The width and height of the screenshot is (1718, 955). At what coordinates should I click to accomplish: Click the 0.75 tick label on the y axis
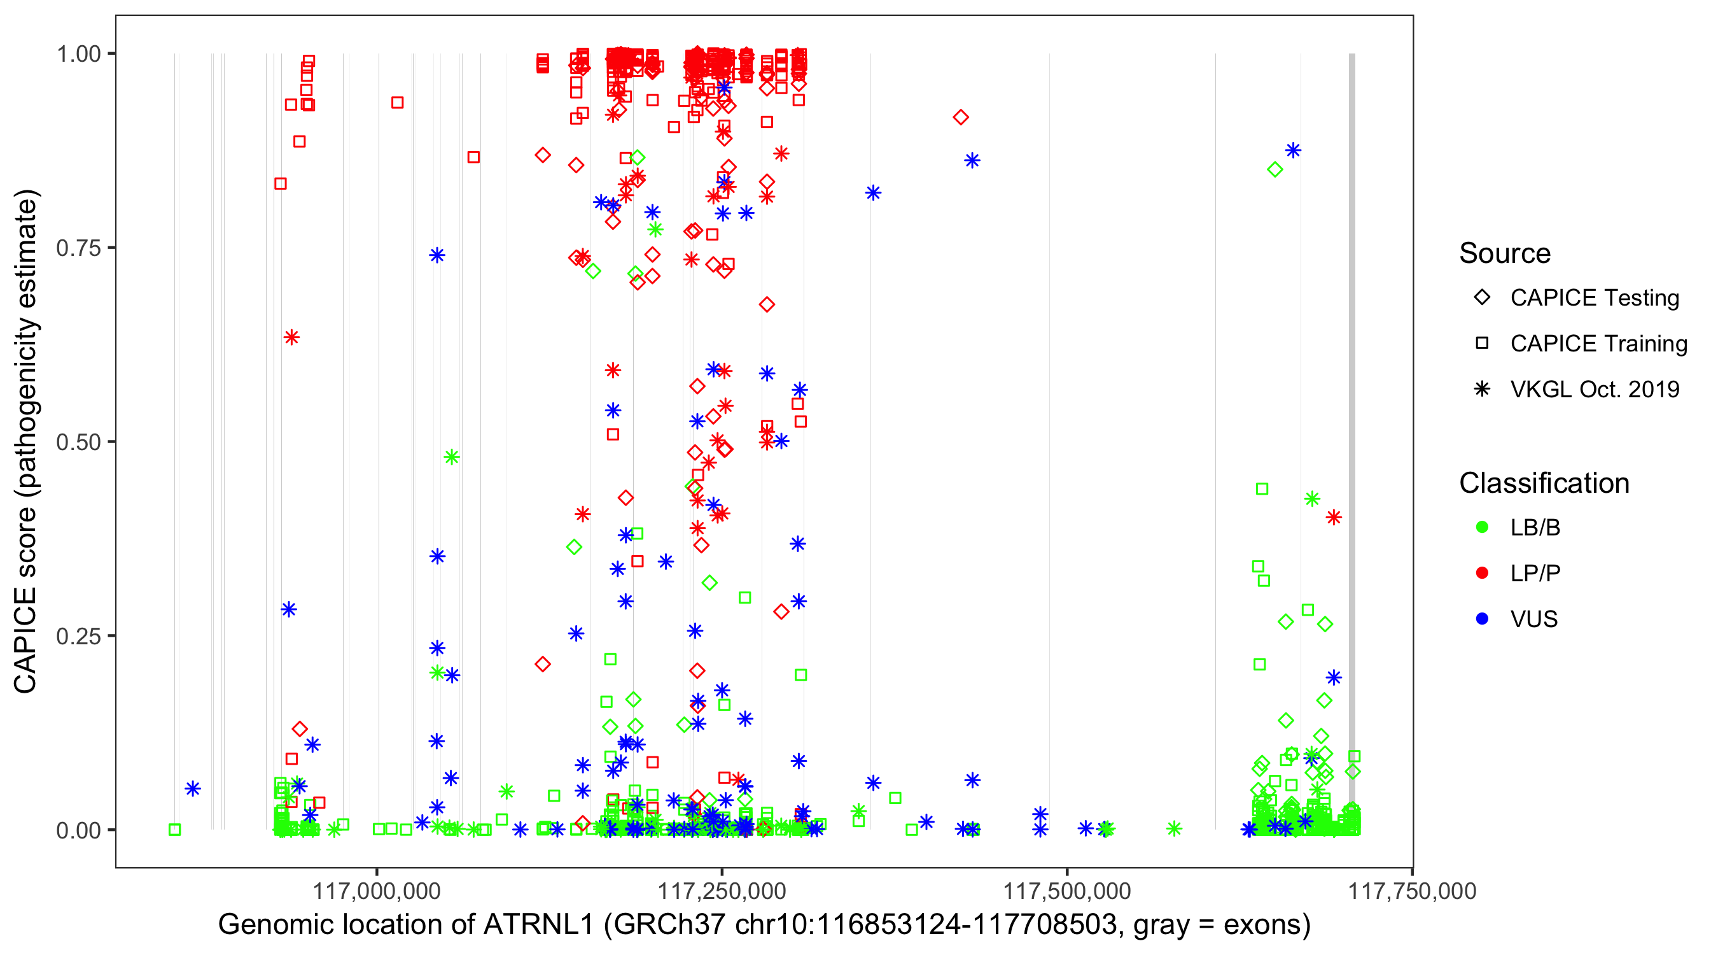pyautogui.click(x=78, y=248)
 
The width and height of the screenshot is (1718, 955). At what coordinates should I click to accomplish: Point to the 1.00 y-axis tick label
pyautogui.click(x=78, y=54)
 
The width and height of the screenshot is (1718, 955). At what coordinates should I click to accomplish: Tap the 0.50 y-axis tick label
pyautogui.click(x=78, y=442)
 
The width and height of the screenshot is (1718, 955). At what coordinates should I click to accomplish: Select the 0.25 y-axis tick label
pyautogui.click(x=78, y=636)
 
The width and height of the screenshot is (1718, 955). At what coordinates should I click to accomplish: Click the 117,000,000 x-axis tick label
pyautogui.click(x=377, y=891)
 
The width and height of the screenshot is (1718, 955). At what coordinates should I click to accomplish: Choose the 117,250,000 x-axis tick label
pyautogui.click(x=722, y=891)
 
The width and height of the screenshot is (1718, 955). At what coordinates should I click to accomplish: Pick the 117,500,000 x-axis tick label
pyautogui.click(x=1067, y=891)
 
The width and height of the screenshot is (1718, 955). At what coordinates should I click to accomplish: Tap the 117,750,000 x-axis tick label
pyautogui.click(x=1412, y=891)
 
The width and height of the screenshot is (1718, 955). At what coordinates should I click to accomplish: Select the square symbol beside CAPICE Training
pyautogui.click(x=1482, y=344)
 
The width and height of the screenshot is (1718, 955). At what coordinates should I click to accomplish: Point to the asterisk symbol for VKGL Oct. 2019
pyautogui.click(x=1482, y=389)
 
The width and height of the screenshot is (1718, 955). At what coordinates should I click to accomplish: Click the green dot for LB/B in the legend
pyautogui.click(x=1482, y=527)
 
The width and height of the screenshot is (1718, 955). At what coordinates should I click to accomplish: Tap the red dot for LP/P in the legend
pyautogui.click(x=1482, y=573)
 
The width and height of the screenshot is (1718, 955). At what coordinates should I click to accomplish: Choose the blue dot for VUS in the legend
pyautogui.click(x=1482, y=619)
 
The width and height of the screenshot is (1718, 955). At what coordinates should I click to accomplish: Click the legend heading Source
pyautogui.click(x=1505, y=253)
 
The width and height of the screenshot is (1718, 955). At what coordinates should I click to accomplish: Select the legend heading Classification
pyautogui.click(x=1544, y=483)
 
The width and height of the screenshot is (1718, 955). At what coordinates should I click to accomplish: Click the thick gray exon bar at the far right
pyautogui.click(x=1352, y=400)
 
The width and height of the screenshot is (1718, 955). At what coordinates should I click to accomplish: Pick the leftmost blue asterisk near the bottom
pyautogui.click(x=193, y=789)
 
